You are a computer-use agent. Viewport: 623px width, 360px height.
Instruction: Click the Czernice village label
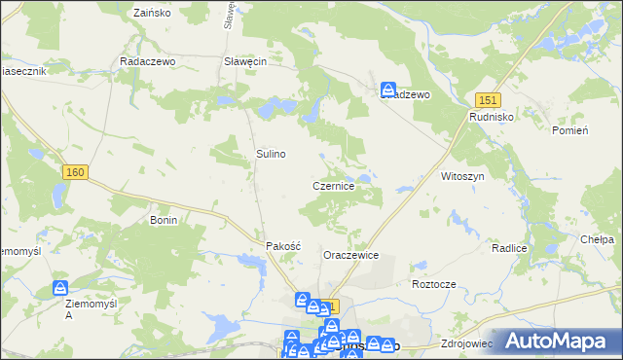pos(339,185)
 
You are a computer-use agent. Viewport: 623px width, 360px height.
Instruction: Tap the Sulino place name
pos(271,154)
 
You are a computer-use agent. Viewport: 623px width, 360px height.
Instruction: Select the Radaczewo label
pos(146,60)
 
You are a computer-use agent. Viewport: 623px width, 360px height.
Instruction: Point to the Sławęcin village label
pos(245,60)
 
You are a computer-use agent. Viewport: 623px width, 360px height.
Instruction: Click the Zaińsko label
pos(150,15)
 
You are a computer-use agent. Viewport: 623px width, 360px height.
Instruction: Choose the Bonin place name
pos(164,221)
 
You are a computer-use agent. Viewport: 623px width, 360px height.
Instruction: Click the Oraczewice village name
pos(350,255)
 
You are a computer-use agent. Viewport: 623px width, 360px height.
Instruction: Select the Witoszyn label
pos(462,176)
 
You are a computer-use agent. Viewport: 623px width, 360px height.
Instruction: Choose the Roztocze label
pos(434,284)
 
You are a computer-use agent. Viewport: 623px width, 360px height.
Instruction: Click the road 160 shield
pos(76,172)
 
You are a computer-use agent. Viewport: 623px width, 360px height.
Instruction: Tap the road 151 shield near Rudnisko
pos(488,99)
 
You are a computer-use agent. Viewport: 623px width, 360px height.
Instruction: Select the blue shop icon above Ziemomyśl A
pos(60,289)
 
